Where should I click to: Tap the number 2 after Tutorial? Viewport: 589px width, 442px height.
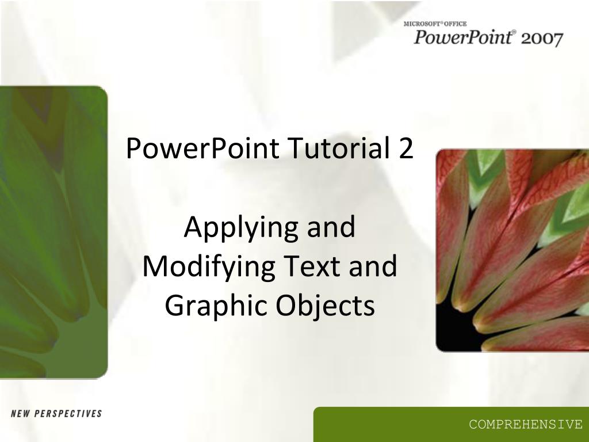coord(405,149)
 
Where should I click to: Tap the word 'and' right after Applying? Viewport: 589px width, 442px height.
coord(331,228)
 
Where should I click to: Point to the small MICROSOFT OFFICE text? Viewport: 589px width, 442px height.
coord(434,24)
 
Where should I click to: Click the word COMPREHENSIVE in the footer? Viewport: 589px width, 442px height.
coord(525,425)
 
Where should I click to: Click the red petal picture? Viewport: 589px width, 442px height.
coord(512,247)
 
